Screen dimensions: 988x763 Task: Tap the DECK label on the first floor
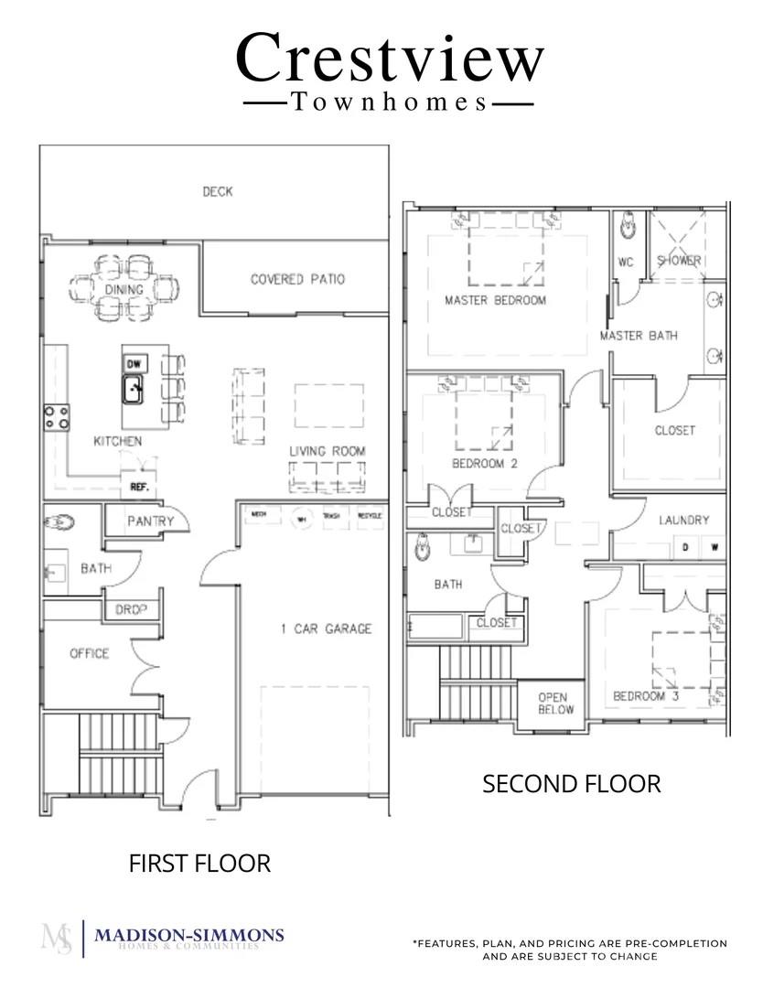point(217,191)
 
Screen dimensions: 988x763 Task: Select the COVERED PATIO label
point(297,279)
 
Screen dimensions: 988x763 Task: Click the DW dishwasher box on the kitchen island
point(134,363)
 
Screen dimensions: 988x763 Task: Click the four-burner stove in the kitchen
point(56,417)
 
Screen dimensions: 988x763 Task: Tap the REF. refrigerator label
point(139,487)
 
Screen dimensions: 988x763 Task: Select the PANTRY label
point(150,521)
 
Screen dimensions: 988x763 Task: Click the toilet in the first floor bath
point(59,524)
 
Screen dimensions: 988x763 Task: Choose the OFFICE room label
point(89,653)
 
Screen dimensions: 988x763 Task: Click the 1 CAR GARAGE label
point(326,628)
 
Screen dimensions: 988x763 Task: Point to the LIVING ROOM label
point(327,451)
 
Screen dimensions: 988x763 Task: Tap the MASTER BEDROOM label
point(495,300)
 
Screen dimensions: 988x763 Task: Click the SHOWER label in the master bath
point(679,261)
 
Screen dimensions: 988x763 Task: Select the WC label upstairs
point(626,262)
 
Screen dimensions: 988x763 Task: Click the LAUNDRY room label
point(683,520)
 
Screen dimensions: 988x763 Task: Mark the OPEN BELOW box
point(555,703)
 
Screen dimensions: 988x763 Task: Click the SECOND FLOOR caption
point(571,784)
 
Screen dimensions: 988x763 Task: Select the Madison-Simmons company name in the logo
point(189,935)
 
